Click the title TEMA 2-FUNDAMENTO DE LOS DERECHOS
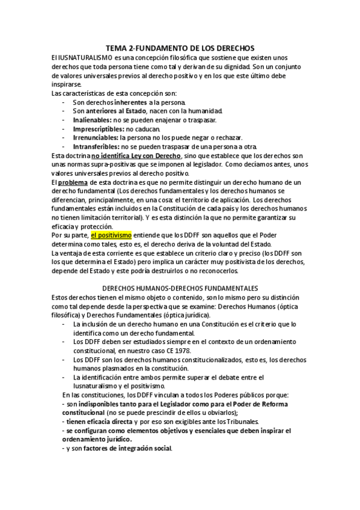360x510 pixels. point(180,46)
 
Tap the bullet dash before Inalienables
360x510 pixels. point(64,120)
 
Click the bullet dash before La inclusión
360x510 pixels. point(64,324)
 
